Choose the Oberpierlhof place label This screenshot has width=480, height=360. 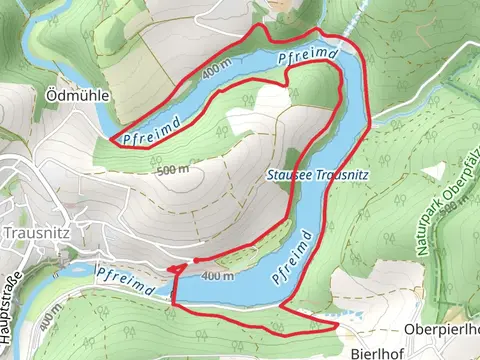(443, 329)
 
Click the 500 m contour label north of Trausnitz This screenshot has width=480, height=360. (172, 170)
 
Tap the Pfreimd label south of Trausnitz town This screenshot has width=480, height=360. (125, 279)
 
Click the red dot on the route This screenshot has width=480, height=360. (196, 260)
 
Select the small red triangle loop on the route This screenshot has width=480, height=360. (176, 269)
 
